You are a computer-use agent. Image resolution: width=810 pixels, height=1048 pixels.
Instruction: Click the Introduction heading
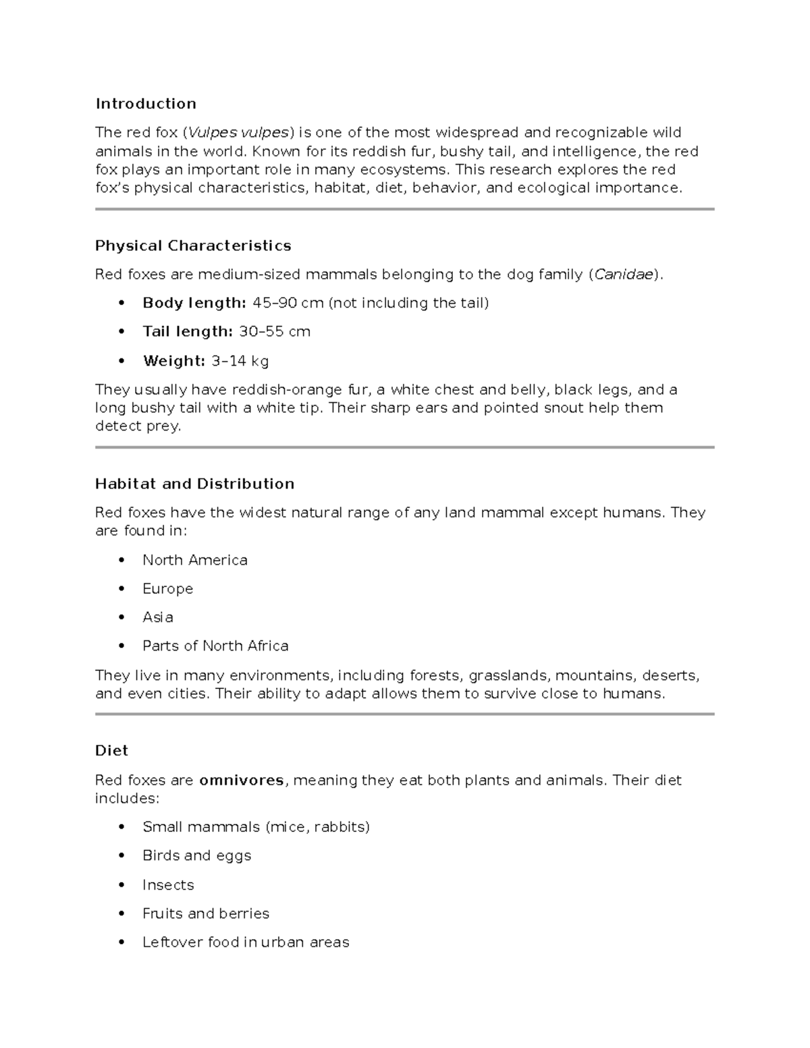pyautogui.click(x=146, y=103)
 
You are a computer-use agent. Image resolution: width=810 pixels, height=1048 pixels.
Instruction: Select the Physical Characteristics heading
pyautogui.click(x=193, y=246)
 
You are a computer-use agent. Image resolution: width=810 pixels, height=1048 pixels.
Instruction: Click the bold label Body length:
pyautogui.click(x=194, y=303)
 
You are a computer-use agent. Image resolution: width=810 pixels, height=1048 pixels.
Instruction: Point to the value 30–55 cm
pyautogui.click(x=275, y=331)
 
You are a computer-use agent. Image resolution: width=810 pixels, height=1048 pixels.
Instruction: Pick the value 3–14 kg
pyautogui.click(x=240, y=361)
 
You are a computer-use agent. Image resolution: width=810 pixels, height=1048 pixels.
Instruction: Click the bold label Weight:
pyautogui.click(x=173, y=361)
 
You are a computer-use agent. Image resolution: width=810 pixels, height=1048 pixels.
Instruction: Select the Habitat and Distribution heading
pyautogui.click(x=194, y=484)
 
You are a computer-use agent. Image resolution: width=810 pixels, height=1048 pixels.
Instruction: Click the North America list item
pyautogui.click(x=194, y=560)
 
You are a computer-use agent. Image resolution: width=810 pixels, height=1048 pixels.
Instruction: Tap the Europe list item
pyautogui.click(x=167, y=588)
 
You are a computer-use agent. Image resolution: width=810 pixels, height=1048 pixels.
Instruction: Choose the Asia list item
pyautogui.click(x=157, y=617)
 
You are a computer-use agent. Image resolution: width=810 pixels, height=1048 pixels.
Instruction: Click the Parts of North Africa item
pyautogui.click(x=215, y=646)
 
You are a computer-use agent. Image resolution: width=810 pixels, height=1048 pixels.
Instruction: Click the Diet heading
pyautogui.click(x=111, y=750)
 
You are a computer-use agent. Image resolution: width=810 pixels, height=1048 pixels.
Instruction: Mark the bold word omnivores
pyautogui.click(x=242, y=780)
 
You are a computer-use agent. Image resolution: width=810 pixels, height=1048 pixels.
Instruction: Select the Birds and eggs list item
pyautogui.click(x=196, y=856)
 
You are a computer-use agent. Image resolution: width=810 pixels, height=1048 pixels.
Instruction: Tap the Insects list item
pyautogui.click(x=168, y=885)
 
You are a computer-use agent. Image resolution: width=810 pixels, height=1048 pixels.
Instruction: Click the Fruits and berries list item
pyautogui.click(x=206, y=914)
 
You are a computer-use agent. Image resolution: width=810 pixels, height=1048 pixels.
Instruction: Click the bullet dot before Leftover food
pyautogui.click(x=122, y=943)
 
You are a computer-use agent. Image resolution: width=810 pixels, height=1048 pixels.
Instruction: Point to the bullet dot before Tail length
pyautogui.click(x=122, y=332)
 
